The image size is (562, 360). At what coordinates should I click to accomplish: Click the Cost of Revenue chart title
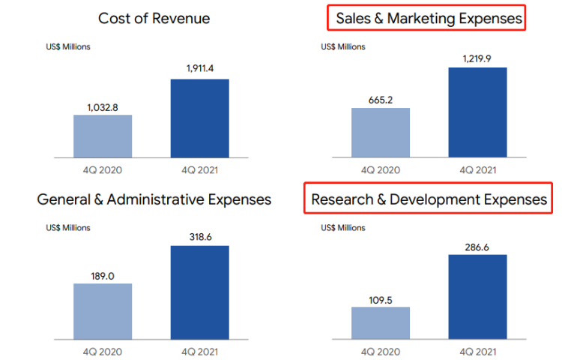coord(154,19)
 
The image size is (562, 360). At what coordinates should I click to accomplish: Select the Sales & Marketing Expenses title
coord(427,19)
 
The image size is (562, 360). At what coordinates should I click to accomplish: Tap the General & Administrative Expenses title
coord(154,199)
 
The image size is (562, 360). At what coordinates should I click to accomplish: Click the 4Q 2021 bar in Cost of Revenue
coord(200,118)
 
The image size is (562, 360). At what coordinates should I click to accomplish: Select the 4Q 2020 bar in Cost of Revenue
coord(103,136)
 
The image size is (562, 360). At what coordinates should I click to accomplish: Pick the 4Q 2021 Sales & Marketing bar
coord(477,112)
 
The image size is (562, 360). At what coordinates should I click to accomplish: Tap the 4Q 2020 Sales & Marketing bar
coord(380,133)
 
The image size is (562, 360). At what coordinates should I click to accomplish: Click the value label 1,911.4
coord(200,69)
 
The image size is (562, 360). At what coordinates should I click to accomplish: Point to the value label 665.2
coord(380,98)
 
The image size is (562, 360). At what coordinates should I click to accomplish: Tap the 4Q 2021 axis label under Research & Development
coord(477,351)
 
